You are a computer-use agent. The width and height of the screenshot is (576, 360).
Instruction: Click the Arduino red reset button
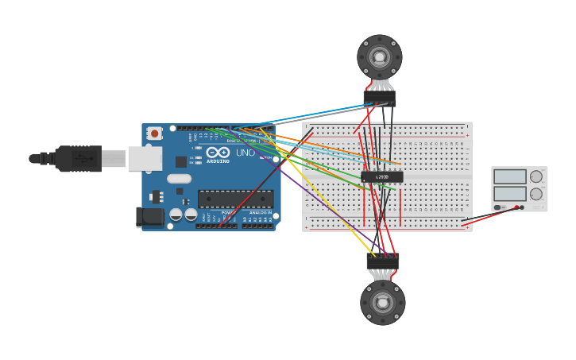tap(154, 134)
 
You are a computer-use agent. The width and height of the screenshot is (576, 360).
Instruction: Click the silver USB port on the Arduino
tap(145, 158)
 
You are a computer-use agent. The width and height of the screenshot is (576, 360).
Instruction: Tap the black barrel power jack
tap(149, 216)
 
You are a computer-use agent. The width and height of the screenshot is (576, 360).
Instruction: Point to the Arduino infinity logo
tap(218, 153)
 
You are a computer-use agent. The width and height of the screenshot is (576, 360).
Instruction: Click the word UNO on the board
tap(245, 153)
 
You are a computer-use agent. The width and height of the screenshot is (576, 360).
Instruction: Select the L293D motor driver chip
tap(382, 176)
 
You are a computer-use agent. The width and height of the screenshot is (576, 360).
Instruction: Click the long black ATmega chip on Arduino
tap(235, 199)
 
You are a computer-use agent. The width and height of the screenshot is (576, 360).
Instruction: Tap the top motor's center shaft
tap(380, 57)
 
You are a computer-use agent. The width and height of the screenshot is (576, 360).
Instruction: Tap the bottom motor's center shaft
tap(382, 302)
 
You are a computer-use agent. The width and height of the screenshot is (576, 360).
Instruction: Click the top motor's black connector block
tap(380, 97)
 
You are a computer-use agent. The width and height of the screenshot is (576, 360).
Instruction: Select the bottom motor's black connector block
tap(383, 260)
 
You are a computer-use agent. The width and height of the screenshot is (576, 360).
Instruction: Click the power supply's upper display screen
tap(509, 176)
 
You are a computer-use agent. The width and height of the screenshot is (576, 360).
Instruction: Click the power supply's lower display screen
tap(509, 193)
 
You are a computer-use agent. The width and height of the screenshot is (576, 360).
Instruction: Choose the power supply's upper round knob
tap(536, 176)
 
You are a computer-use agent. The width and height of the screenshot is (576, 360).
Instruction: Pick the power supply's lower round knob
tap(536, 194)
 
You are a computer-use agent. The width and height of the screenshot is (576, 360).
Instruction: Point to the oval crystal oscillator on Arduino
tap(179, 179)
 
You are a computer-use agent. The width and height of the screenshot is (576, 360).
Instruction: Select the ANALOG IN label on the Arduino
tap(260, 213)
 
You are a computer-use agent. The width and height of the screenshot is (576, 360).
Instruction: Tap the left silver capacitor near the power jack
tap(176, 215)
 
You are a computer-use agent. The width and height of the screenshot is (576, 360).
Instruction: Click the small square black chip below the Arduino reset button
tap(181, 161)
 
